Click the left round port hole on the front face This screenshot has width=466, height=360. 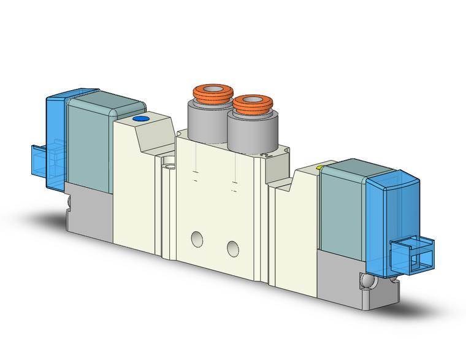point(196,239)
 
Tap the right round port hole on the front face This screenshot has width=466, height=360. point(232,248)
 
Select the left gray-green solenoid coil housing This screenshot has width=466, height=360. point(89,144)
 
